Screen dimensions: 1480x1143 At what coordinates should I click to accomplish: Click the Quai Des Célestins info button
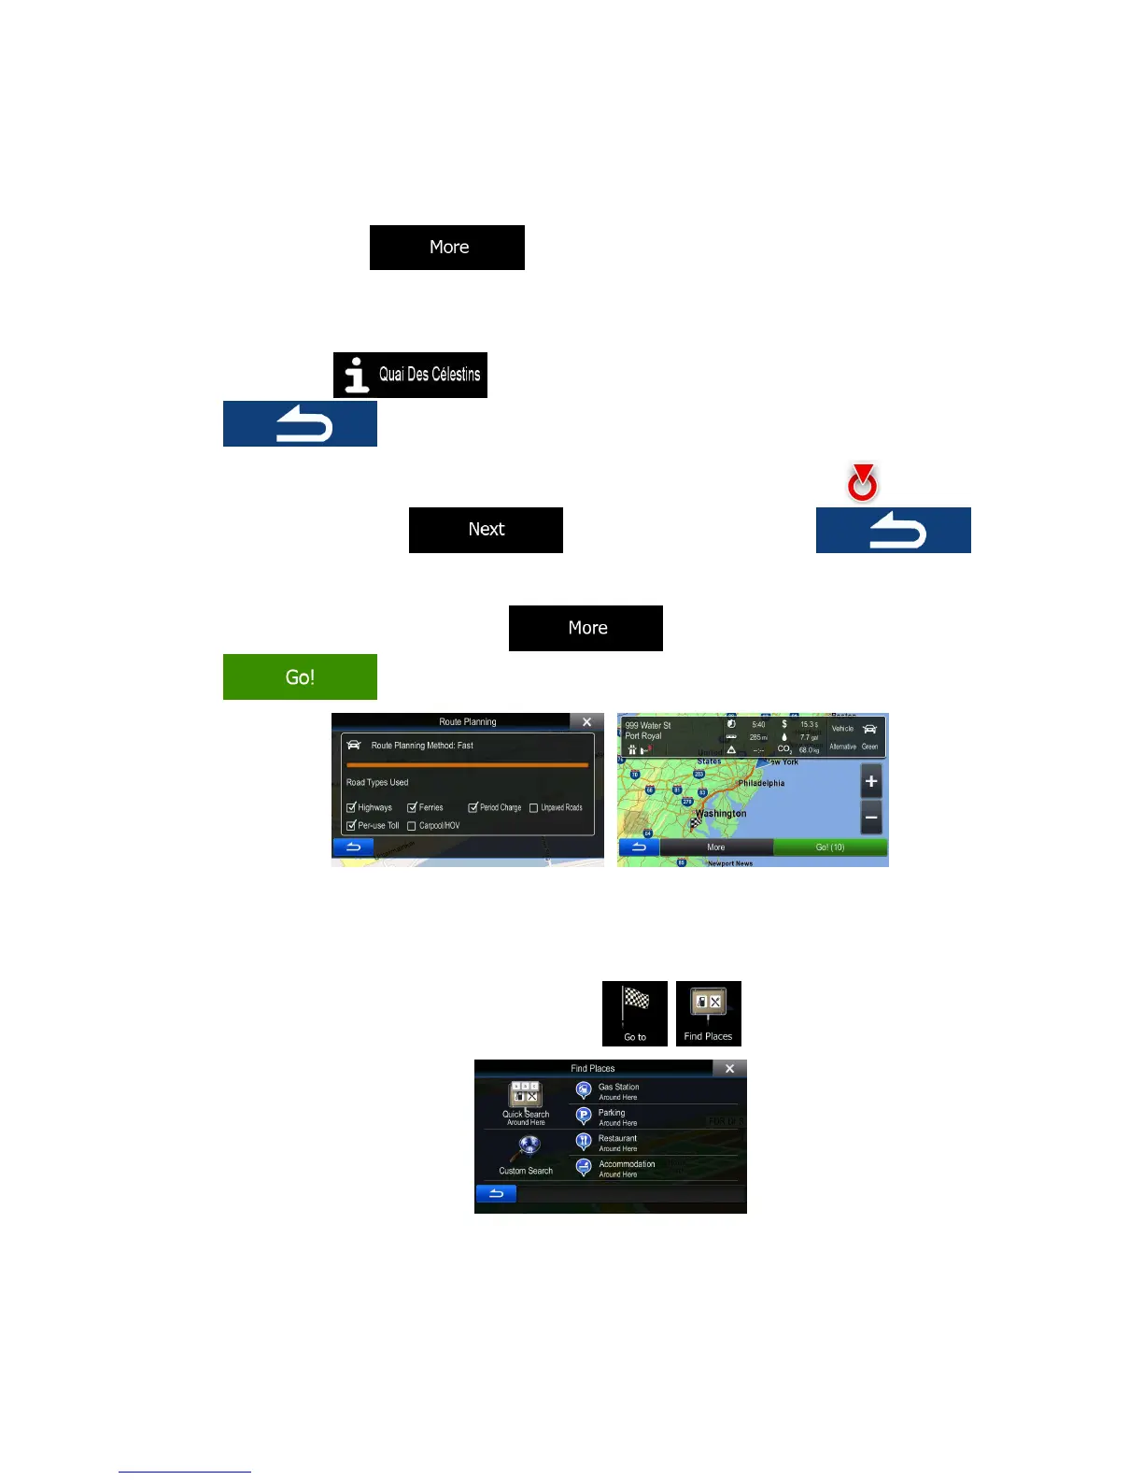[x=410, y=375]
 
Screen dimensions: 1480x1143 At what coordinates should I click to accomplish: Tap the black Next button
[x=486, y=530]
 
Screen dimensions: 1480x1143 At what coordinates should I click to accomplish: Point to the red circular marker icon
[x=862, y=483]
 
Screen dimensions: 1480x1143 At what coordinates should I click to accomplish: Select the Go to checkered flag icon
[x=635, y=1013]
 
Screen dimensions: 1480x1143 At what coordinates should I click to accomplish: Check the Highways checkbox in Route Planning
[x=351, y=807]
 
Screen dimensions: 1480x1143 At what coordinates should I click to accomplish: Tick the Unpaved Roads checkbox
[x=534, y=807]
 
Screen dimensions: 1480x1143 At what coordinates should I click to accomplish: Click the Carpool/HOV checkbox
[x=412, y=826]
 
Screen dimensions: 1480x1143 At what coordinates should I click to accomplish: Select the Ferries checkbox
[x=412, y=807]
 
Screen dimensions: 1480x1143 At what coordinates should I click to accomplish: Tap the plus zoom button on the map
[x=870, y=781]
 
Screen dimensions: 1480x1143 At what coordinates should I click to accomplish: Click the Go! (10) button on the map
[x=830, y=847]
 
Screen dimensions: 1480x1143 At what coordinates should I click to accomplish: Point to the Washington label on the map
[x=721, y=814]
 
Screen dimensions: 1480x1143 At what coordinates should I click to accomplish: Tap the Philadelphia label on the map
[x=761, y=783]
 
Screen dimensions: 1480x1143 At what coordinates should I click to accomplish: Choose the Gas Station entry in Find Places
[x=618, y=1091]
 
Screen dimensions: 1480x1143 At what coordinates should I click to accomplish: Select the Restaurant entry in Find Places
[x=617, y=1143]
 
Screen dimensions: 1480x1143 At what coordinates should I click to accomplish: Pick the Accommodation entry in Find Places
[x=626, y=1168]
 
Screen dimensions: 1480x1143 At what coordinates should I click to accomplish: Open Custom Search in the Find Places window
[x=526, y=1155]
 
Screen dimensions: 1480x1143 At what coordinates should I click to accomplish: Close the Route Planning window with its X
[x=586, y=722]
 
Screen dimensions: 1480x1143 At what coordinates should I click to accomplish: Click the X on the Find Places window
[x=729, y=1068]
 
